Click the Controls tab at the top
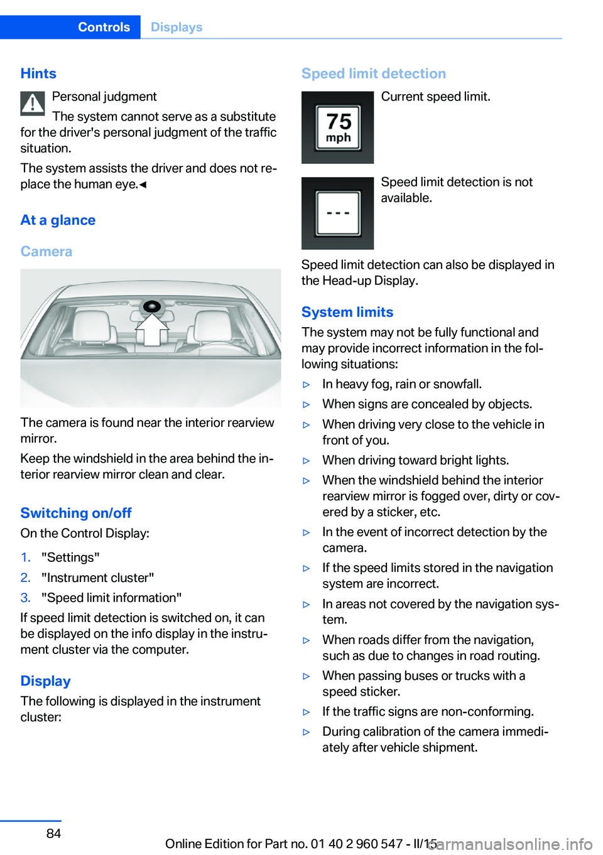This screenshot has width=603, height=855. [x=104, y=27]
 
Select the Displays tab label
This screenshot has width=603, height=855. [x=177, y=27]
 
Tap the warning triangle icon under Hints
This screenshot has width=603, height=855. [x=33, y=104]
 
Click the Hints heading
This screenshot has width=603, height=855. [x=38, y=73]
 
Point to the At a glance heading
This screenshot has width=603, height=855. [x=58, y=220]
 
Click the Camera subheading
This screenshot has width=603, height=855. [x=46, y=252]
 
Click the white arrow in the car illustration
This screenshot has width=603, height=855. [x=152, y=330]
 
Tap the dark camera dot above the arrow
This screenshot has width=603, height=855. [x=152, y=307]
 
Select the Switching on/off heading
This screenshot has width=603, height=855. [x=76, y=513]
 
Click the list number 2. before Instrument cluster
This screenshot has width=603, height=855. [x=25, y=578]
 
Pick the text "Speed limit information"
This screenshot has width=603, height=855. [x=112, y=598]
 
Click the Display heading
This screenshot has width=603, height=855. [x=45, y=681]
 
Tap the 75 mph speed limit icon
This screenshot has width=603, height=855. [x=338, y=127]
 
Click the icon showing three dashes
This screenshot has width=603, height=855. [x=338, y=213]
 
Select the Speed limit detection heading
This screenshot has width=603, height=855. [x=374, y=73]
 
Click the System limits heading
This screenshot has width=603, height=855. [x=347, y=312]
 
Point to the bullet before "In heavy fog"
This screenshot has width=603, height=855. [x=307, y=385]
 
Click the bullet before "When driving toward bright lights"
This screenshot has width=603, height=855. [x=307, y=461]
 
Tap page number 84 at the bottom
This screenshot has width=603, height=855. [x=54, y=834]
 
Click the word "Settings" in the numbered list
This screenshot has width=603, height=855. [x=70, y=557]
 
